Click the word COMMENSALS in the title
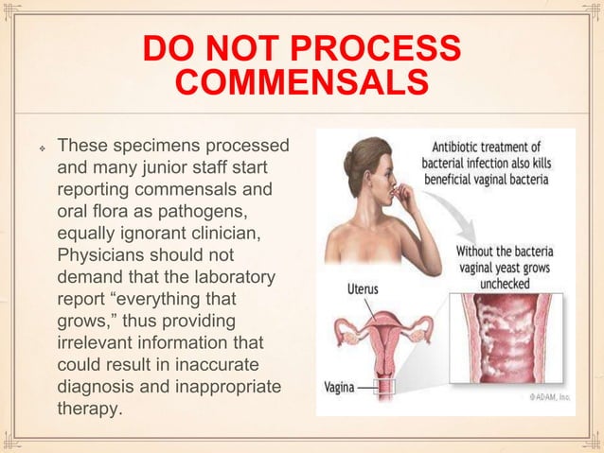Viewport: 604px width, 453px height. (302, 83)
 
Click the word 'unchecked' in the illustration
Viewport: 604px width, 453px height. (506, 282)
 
